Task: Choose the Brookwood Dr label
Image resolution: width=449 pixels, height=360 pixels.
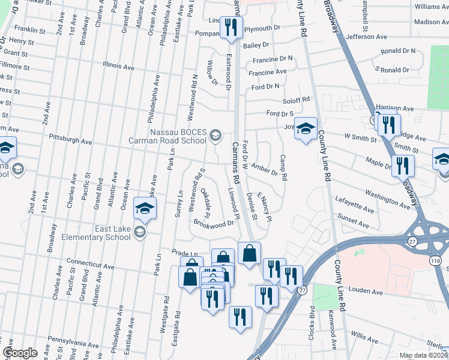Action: click(213, 223)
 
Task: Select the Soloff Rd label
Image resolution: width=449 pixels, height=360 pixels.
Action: click(297, 100)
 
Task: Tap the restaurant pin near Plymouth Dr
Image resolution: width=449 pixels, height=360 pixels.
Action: click(231, 28)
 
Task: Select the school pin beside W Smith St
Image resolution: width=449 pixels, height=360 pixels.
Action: click(306, 129)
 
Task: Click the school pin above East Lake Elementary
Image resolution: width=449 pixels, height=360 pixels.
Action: click(145, 209)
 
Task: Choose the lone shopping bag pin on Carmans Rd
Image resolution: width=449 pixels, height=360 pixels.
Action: click(249, 254)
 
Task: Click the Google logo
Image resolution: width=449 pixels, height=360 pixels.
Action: click(20, 353)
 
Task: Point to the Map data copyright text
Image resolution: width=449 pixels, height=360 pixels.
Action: click(423, 355)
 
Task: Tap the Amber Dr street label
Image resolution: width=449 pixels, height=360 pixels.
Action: click(264, 169)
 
